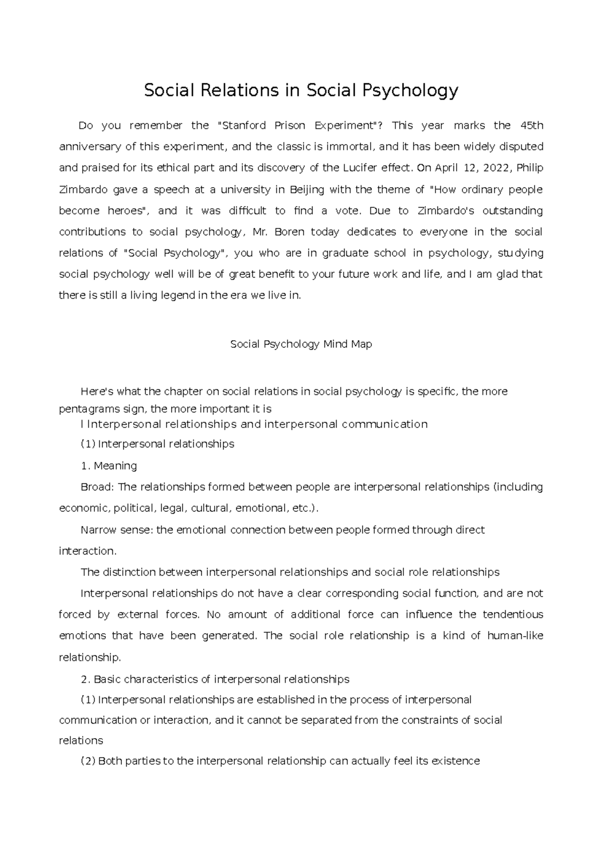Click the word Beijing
(x=305, y=190)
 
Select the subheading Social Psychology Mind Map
(x=301, y=345)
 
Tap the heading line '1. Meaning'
(x=109, y=466)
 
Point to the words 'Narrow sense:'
(x=117, y=530)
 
